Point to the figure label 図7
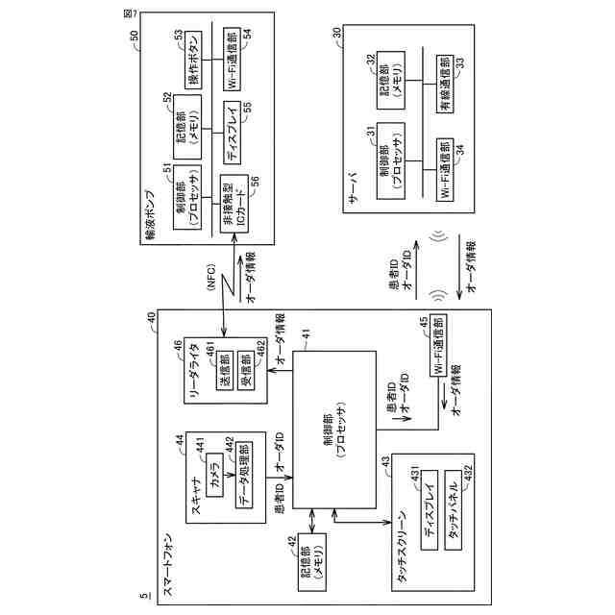point(129,14)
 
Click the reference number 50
point(134,36)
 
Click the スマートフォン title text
point(168,568)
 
